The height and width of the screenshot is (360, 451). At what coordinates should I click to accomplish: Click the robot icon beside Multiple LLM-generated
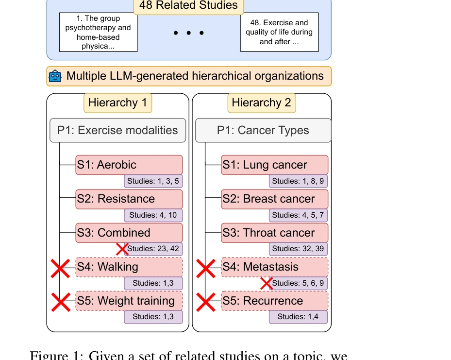(x=55, y=76)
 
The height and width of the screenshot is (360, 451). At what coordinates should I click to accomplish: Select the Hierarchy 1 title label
(x=117, y=103)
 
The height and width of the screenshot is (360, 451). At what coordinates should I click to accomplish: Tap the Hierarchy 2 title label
(x=261, y=103)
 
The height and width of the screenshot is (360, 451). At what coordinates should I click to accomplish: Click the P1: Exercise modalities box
(x=117, y=130)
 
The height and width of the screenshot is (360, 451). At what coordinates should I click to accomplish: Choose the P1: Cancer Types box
(x=263, y=130)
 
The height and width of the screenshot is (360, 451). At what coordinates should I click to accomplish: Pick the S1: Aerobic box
(x=129, y=165)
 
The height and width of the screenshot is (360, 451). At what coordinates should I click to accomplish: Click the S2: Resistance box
(x=129, y=199)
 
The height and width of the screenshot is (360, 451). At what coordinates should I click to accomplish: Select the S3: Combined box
(x=129, y=233)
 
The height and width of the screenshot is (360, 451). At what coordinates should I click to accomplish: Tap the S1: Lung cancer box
(x=274, y=165)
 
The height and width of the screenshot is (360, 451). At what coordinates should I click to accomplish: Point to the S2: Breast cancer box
(x=274, y=199)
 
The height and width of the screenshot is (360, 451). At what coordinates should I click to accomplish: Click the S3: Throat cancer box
(x=274, y=233)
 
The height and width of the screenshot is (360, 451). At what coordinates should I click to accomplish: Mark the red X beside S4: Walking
(x=60, y=268)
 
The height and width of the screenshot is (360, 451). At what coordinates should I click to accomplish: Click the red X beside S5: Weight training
(x=60, y=302)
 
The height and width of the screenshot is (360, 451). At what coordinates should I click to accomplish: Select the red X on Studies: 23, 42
(x=122, y=249)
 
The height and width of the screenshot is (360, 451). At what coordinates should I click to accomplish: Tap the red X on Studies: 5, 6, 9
(x=267, y=283)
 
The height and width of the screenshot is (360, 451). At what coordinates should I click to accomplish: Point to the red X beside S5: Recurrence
(x=205, y=302)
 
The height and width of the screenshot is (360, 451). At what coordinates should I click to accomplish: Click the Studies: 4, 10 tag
(x=153, y=215)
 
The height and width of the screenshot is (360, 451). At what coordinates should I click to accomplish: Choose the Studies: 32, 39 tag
(x=298, y=249)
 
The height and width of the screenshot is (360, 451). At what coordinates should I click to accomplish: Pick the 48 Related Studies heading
(x=188, y=6)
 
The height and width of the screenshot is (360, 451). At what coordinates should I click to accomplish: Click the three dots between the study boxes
(x=189, y=33)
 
